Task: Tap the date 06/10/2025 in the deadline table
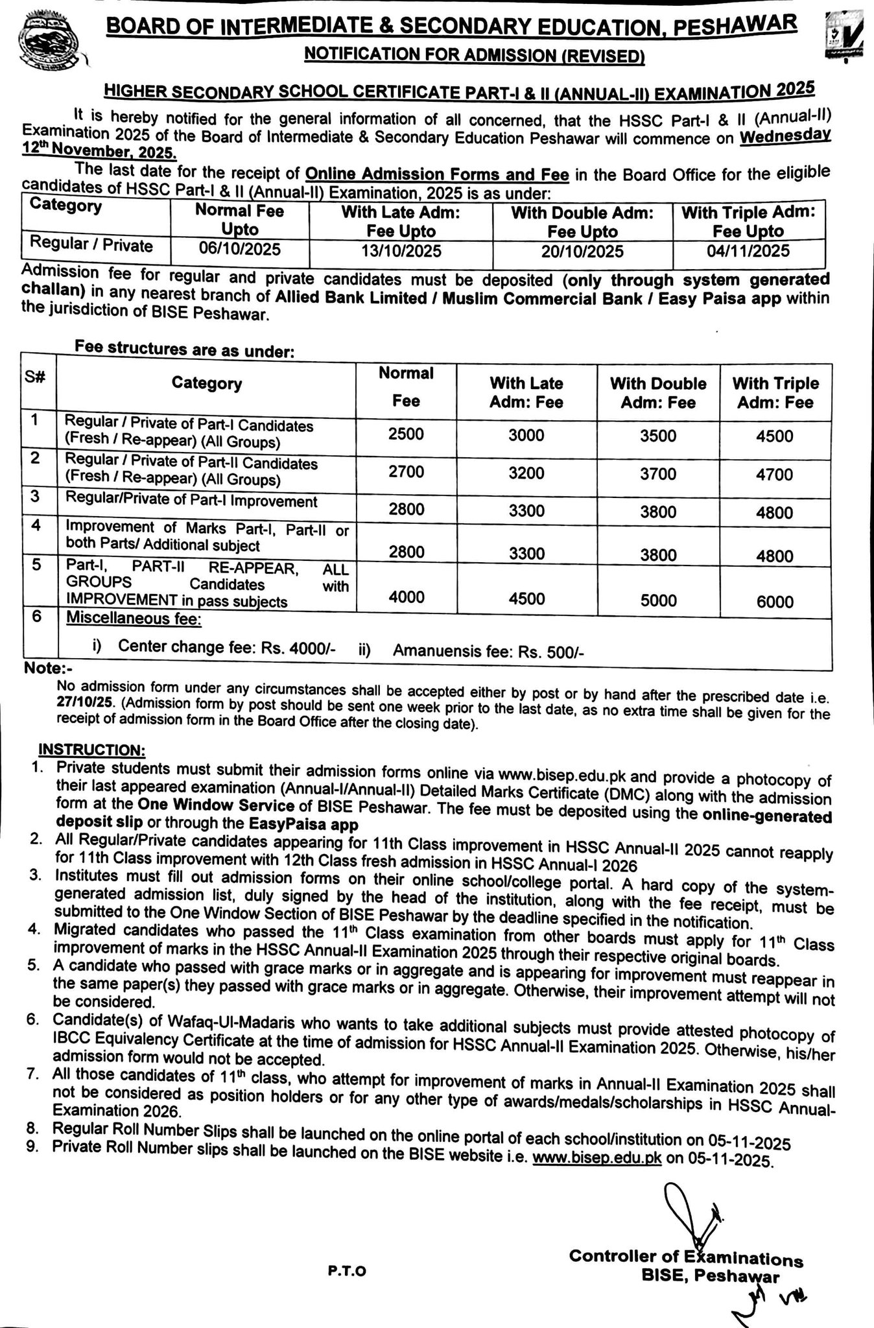point(239,250)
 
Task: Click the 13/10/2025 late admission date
point(401,251)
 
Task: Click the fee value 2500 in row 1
point(406,434)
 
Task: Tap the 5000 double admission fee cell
point(657,600)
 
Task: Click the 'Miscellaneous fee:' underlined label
point(134,619)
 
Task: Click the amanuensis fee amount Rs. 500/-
point(551,652)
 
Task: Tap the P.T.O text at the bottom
point(347,1271)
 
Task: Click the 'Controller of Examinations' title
point(685,1257)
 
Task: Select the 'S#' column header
point(35,378)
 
